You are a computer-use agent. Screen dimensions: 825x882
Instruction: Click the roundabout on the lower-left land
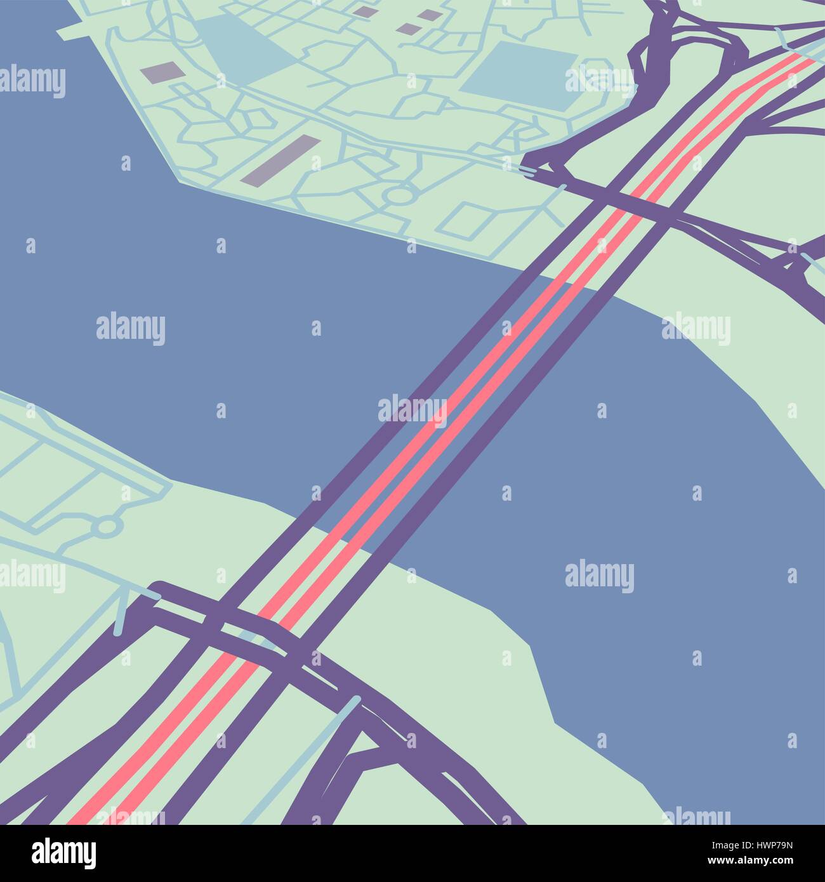107,527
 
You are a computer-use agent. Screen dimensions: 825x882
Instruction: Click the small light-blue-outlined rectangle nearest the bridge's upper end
470,218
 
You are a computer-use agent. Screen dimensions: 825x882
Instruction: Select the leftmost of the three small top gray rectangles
364,11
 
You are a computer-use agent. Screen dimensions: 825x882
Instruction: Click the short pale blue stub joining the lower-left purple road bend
121,619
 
